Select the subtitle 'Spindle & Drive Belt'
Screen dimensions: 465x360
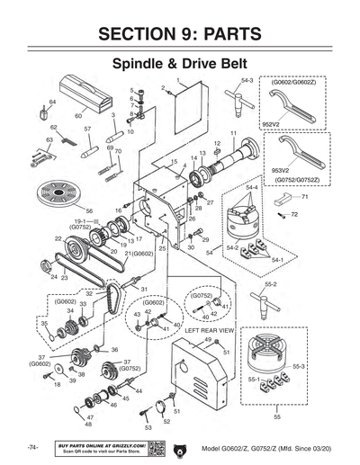tap(180, 65)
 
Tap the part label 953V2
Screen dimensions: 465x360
tap(280, 168)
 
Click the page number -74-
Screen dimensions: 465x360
tap(32, 447)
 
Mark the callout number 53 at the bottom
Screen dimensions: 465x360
tap(148, 429)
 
